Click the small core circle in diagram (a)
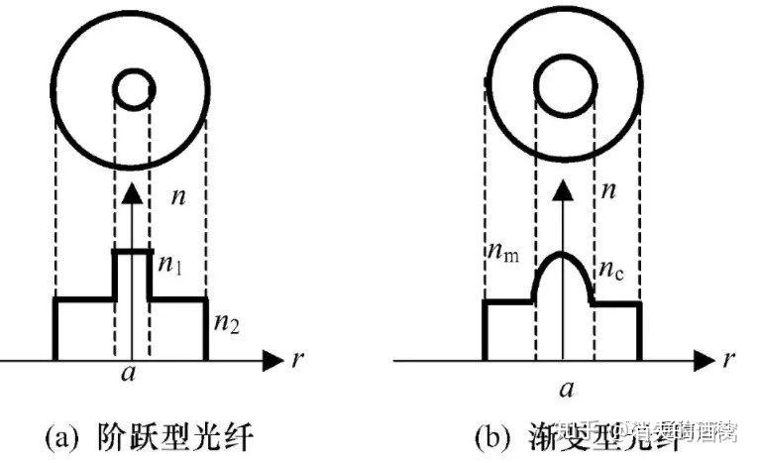132,90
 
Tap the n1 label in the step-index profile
170,265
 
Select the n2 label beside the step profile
225,321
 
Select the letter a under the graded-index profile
567,388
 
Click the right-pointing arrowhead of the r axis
271,358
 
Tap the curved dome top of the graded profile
562,256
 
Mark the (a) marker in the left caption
63,433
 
